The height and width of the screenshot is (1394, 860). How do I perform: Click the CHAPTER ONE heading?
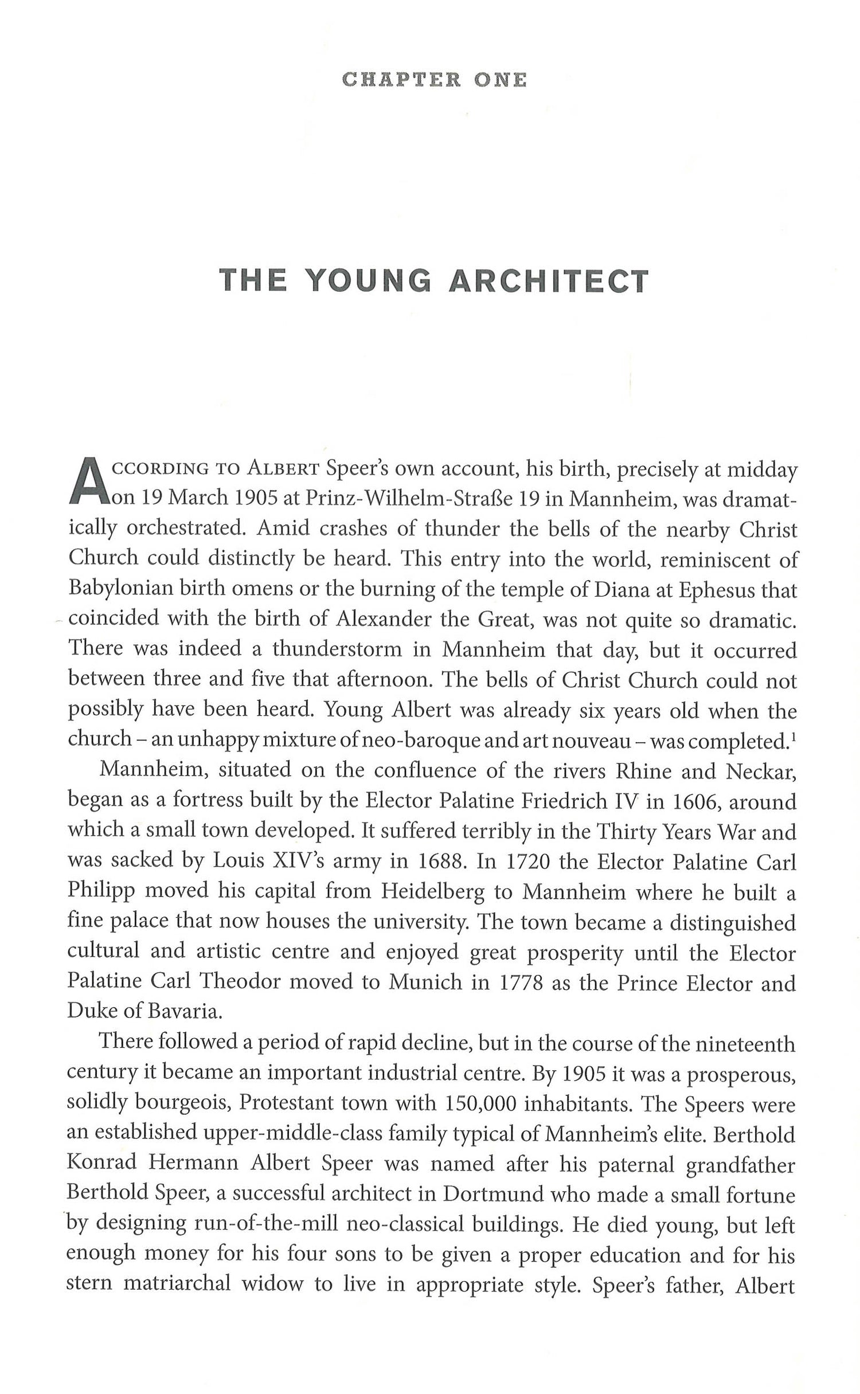point(433,80)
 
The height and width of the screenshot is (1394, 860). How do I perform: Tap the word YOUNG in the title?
point(368,280)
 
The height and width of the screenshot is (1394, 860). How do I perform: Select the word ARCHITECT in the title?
point(548,280)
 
